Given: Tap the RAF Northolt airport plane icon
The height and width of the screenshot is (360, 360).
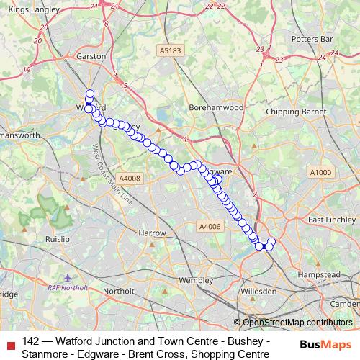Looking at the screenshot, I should point(68,276).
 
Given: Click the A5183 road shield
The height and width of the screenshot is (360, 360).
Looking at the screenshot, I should point(171,50).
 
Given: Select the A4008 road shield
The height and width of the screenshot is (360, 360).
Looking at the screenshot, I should point(130,178).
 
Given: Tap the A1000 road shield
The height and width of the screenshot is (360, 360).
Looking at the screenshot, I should point(321,172).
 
